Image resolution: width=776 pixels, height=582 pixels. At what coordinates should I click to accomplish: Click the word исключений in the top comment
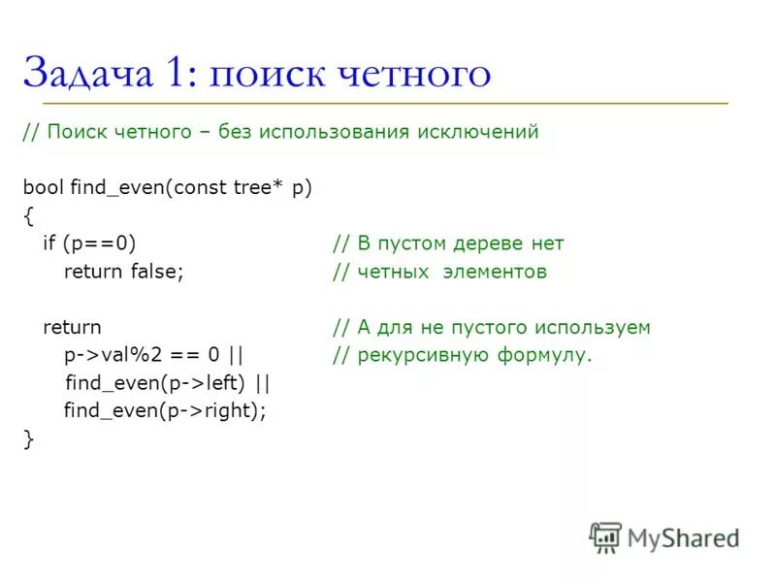[480, 132]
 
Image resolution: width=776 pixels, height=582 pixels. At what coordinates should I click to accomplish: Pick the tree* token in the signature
[257, 188]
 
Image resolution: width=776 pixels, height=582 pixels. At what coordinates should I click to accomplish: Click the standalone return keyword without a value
[72, 328]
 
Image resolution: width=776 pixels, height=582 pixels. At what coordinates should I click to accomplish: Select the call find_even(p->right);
[164, 410]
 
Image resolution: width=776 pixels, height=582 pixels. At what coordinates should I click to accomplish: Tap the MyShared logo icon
[605, 537]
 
